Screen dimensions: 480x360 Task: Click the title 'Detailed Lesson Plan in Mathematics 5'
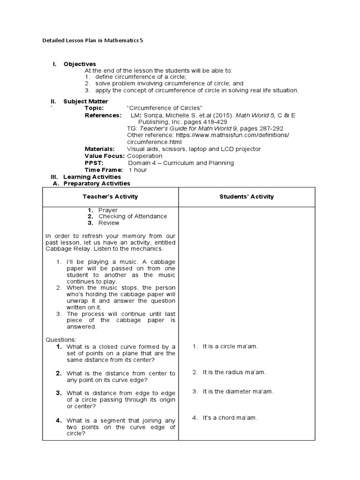[x=93, y=41]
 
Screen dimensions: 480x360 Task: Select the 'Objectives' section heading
[x=80, y=64]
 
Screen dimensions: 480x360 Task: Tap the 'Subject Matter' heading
[x=86, y=101]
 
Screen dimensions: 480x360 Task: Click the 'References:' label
[x=102, y=115]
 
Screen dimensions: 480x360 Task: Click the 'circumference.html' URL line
[x=154, y=142]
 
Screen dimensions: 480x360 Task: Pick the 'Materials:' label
[x=99, y=149]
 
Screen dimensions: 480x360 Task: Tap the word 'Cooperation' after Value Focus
[x=145, y=156]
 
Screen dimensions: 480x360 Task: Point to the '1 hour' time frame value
[x=138, y=170]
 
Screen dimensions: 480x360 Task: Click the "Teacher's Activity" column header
[x=110, y=197]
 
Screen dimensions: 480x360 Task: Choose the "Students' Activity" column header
[x=247, y=197]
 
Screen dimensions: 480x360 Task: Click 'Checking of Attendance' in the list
[x=132, y=217]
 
